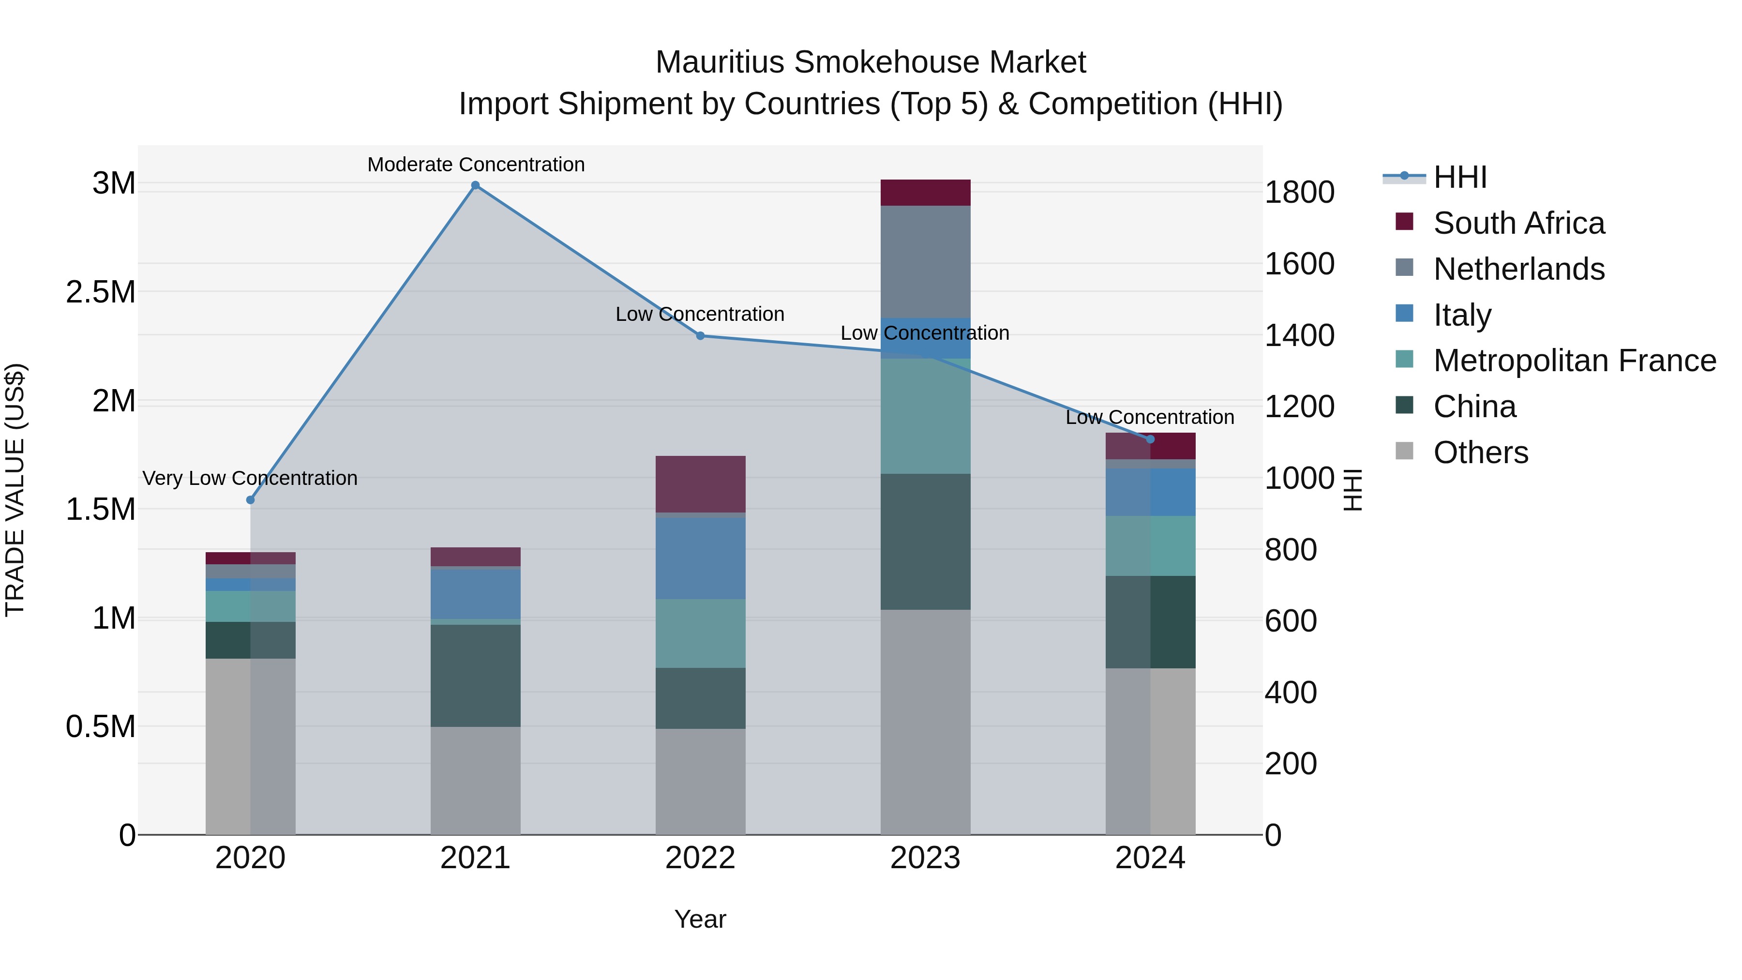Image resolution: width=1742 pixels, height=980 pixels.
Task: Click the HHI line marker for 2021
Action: point(475,185)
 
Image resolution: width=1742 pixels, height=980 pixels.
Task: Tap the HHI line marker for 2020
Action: point(250,500)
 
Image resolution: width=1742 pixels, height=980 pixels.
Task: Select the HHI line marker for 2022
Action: point(701,335)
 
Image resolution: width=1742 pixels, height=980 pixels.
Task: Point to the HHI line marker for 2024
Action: point(1150,439)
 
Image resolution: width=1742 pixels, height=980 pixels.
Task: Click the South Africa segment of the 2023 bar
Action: point(925,193)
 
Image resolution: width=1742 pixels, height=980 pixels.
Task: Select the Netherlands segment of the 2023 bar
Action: point(925,262)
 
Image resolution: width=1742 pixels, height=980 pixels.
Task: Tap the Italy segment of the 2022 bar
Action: point(701,558)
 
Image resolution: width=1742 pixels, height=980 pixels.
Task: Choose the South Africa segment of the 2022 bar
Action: point(701,484)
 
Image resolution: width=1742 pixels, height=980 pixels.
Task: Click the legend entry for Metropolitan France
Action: point(1574,361)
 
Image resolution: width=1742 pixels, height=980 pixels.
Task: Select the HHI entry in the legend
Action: point(1459,177)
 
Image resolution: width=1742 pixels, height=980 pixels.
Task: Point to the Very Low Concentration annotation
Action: point(250,478)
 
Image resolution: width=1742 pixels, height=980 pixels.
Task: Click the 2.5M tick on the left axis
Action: point(101,292)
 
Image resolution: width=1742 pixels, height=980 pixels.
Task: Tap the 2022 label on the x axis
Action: point(701,858)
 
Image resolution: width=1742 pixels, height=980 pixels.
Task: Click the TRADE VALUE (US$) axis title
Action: point(15,490)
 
